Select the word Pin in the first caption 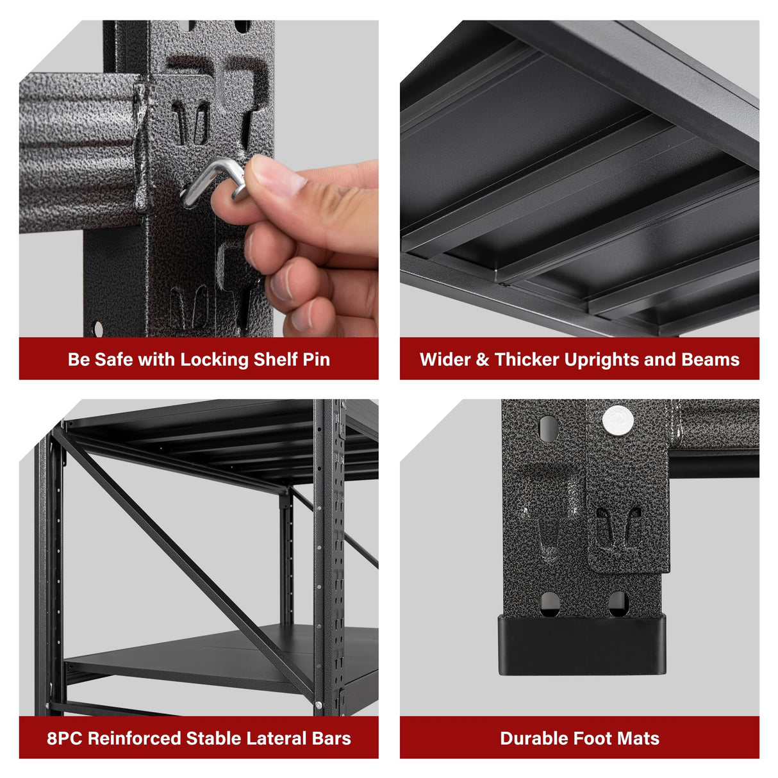point(316,360)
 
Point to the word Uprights point(602,360)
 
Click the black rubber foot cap point(582,644)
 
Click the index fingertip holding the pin point(272,174)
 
